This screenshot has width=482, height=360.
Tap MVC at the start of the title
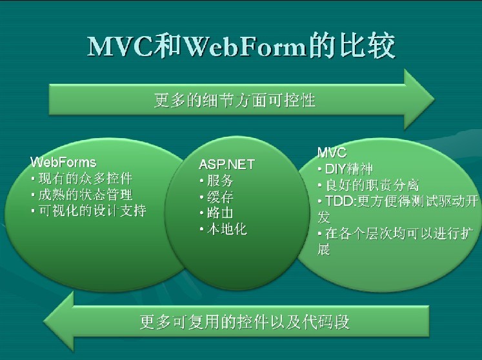coord(120,46)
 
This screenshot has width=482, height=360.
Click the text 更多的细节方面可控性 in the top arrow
coord(235,100)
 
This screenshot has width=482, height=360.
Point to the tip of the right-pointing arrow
coord(434,99)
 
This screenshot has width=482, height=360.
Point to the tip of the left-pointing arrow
coord(44,321)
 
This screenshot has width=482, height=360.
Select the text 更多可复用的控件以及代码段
coord(245,321)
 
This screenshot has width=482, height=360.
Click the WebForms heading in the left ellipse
coord(63,162)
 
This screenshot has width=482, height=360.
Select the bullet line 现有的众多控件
coord(83,178)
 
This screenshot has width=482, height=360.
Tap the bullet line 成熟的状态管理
coord(83,195)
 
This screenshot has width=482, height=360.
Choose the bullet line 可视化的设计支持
coord(89,211)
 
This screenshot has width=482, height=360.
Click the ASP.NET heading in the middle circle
coord(227,165)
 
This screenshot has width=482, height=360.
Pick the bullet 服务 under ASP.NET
coord(217,181)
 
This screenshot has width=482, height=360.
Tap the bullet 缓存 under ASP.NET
coord(217,197)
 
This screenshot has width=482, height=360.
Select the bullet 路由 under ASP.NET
coord(217,213)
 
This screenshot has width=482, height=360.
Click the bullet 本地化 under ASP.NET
coord(223,229)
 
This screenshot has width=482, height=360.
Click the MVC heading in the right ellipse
coord(332,152)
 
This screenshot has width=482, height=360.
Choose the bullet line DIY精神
coord(345,169)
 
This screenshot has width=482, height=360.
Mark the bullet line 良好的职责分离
coord(368,185)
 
